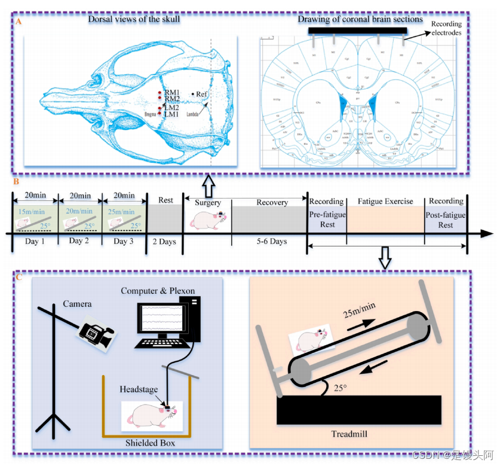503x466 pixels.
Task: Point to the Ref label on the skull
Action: pos(201,94)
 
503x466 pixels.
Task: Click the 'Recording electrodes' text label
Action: pos(446,29)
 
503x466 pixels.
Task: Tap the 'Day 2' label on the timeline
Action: pos(79,240)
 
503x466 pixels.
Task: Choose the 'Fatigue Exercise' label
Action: pos(385,201)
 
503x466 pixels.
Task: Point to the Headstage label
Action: pos(139,389)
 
